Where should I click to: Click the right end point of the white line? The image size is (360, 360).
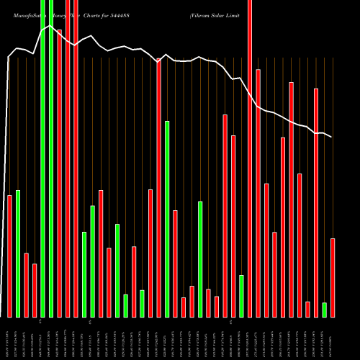pyautogui.click(x=332, y=137)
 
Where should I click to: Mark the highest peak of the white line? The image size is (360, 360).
pyautogui.click(x=50, y=27)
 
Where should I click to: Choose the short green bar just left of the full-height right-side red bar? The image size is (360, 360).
pyautogui.click(x=241, y=295)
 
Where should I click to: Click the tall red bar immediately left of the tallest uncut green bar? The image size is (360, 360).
pyautogui.click(x=158, y=187)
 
